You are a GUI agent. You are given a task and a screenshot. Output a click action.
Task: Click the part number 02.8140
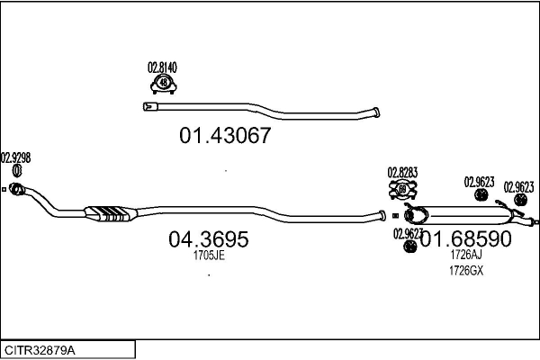point(162,67)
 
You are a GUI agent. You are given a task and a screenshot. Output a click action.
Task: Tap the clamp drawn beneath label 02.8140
point(163,84)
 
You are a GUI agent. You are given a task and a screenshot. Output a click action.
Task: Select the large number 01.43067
point(225,137)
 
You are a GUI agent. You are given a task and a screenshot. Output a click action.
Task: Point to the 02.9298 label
point(16,157)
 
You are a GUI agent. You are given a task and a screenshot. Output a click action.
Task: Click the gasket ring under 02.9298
point(16,171)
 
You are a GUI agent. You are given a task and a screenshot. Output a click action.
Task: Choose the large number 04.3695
point(208,240)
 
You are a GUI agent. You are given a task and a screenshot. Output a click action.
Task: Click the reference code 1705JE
point(208,256)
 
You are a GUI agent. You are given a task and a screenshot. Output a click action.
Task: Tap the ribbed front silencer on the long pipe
point(111,213)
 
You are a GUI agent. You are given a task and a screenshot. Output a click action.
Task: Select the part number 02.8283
point(402,172)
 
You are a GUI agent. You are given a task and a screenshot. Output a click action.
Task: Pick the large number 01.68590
point(465,239)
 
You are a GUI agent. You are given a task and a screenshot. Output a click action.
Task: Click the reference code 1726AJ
point(465,256)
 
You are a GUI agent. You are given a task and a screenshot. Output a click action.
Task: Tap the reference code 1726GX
point(465,270)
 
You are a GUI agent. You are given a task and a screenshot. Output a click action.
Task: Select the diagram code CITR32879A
point(40,348)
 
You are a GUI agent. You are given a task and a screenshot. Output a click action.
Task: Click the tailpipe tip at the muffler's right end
point(535,221)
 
